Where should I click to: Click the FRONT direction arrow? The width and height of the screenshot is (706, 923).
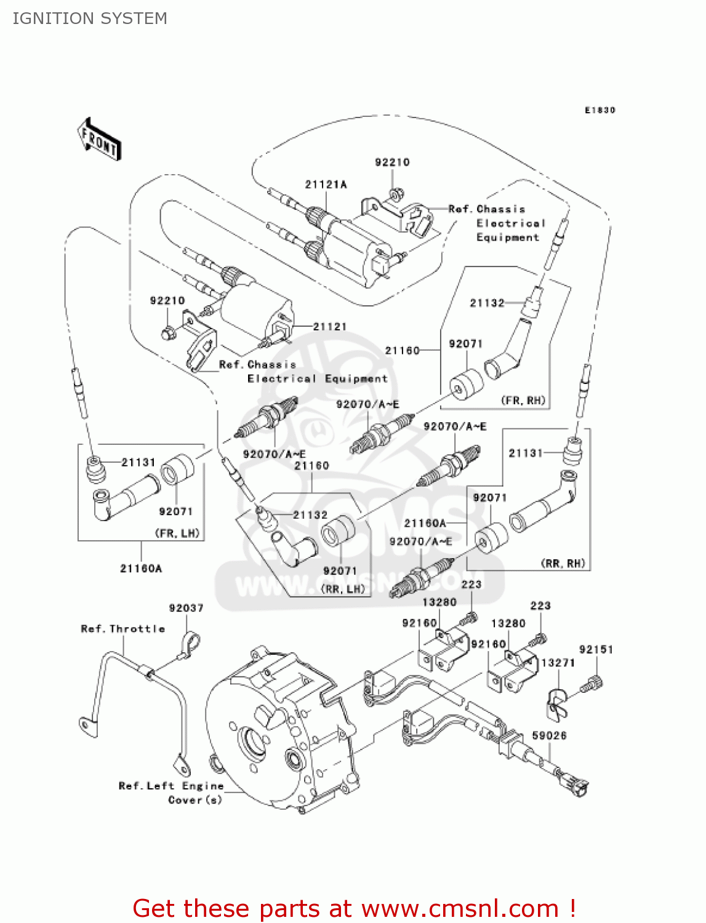coord(99,140)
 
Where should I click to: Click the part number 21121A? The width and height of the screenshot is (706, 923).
coord(326,185)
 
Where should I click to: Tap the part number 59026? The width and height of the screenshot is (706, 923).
coord(549,735)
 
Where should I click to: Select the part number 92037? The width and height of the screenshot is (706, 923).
coord(186,608)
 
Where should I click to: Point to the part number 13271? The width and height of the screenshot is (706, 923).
coord(558,663)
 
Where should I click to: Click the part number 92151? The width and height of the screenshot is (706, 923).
coord(596,649)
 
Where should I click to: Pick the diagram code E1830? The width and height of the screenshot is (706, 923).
coord(600,110)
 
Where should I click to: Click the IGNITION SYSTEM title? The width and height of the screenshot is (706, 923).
coord(90,18)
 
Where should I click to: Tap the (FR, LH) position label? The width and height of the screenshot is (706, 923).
coord(179,533)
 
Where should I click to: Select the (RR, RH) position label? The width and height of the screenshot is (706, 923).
coord(563,563)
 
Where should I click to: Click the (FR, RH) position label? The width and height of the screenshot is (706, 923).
coord(523,401)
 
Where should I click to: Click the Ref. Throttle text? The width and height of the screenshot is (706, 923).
coord(123,629)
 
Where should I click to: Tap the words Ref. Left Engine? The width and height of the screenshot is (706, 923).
coord(170,786)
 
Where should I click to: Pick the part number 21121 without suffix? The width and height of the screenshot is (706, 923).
coord(329,327)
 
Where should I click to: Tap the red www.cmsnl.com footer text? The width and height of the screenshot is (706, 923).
coord(354,908)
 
